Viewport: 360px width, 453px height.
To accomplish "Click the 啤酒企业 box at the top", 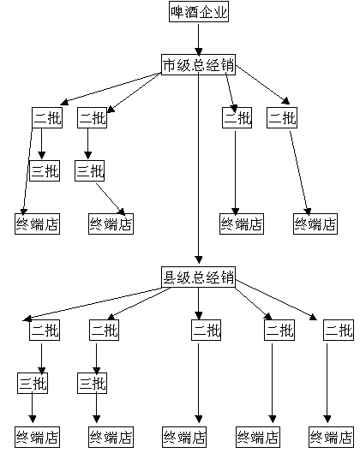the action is tap(199, 11).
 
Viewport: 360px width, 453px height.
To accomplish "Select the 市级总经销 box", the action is tap(198, 65).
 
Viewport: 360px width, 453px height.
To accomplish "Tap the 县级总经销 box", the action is tap(198, 277).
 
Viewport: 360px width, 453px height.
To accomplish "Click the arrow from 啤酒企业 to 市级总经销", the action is tap(198, 39).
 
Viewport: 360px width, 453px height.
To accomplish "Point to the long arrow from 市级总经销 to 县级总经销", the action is tap(198, 168).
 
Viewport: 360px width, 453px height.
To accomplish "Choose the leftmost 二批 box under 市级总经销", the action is tap(47, 117).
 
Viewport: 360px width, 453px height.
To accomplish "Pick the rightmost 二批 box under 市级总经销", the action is tap(282, 117).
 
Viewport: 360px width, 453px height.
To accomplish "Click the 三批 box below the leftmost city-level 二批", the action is tap(45, 170).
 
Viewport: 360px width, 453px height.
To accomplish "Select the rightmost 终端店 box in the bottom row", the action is tap(331, 437).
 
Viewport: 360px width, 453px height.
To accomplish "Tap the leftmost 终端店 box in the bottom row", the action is tap(38, 437).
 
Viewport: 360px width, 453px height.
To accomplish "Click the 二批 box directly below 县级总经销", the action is tap(207, 330).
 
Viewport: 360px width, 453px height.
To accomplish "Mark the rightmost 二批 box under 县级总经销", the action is tap(339, 330).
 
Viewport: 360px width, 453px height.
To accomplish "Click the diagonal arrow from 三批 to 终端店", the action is tap(111, 200).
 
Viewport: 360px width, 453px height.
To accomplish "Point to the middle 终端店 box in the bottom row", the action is tap(184, 437).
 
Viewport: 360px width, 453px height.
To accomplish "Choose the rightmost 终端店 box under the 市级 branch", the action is tap(315, 224).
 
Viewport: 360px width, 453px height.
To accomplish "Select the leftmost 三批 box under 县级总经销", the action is tap(33, 383).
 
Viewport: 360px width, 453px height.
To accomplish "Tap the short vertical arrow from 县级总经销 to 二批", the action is tap(198, 303).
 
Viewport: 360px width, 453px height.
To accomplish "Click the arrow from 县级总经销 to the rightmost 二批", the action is tap(276, 300).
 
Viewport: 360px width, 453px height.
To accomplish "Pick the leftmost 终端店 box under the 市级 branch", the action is tap(38, 224).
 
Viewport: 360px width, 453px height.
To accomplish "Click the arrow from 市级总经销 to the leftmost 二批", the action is tap(111, 88).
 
